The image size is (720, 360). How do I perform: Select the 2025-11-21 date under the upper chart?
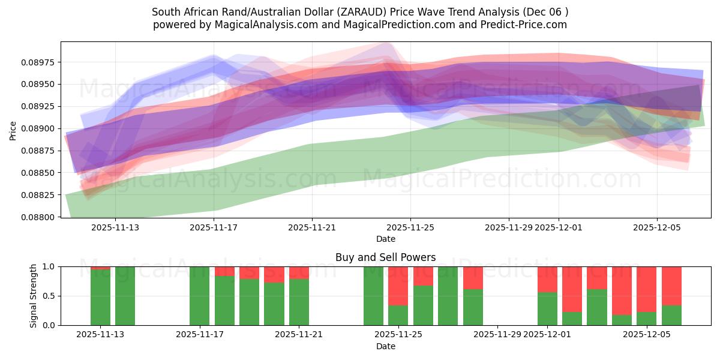312,227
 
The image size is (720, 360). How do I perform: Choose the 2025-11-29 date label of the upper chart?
509,227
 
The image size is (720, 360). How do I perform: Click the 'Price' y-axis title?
13,130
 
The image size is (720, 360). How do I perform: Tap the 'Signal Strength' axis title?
34,295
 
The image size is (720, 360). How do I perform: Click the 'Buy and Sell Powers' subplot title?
385,257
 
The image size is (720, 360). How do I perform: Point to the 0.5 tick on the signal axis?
49,296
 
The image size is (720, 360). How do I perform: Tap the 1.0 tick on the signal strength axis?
49,266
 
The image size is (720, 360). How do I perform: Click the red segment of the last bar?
671,286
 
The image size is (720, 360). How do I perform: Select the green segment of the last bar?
671,315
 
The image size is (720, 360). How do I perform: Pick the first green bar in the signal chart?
100,298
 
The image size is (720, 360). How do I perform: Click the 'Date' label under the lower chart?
385,346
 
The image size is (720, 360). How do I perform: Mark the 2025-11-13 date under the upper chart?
116,227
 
